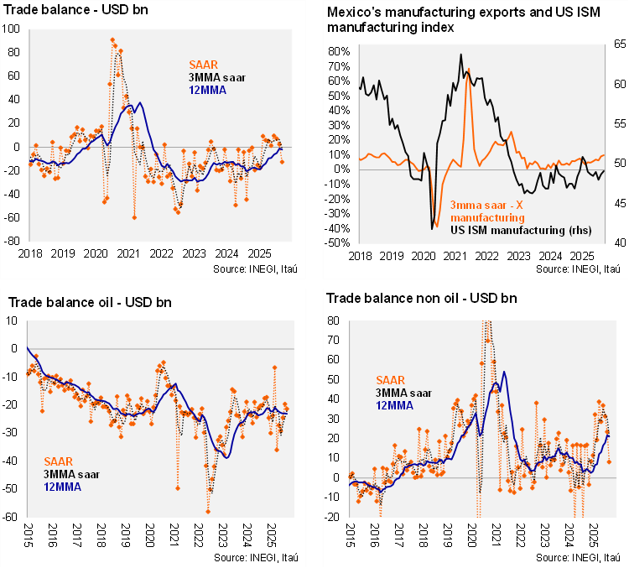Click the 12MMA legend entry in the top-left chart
point(206,89)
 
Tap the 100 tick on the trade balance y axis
point(14,29)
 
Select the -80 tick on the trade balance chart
point(14,240)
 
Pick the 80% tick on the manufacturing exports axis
point(337,51)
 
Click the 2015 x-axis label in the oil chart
point(27,534)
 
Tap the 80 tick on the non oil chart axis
point(333,320)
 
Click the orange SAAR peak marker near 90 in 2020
point(112,40)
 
